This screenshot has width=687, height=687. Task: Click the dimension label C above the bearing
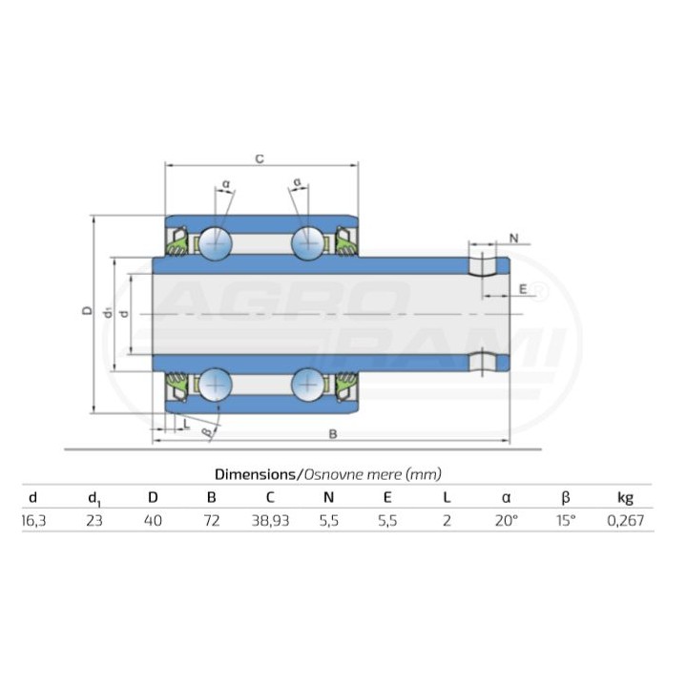pos(260,158)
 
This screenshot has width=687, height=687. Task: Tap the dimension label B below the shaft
pos(333,434)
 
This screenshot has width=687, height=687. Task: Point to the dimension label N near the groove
pos(514,239)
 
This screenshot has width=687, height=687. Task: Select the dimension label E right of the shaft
pos(523,289)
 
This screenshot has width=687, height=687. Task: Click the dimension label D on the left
pos(88,310)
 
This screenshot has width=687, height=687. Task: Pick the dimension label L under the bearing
pos(187,424)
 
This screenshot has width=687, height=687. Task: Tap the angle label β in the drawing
pos(207,433)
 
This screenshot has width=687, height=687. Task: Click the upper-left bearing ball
pos(216,242)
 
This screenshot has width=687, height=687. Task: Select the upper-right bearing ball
pos(308,242)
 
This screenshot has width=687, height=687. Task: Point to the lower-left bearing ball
pos(216,385)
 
